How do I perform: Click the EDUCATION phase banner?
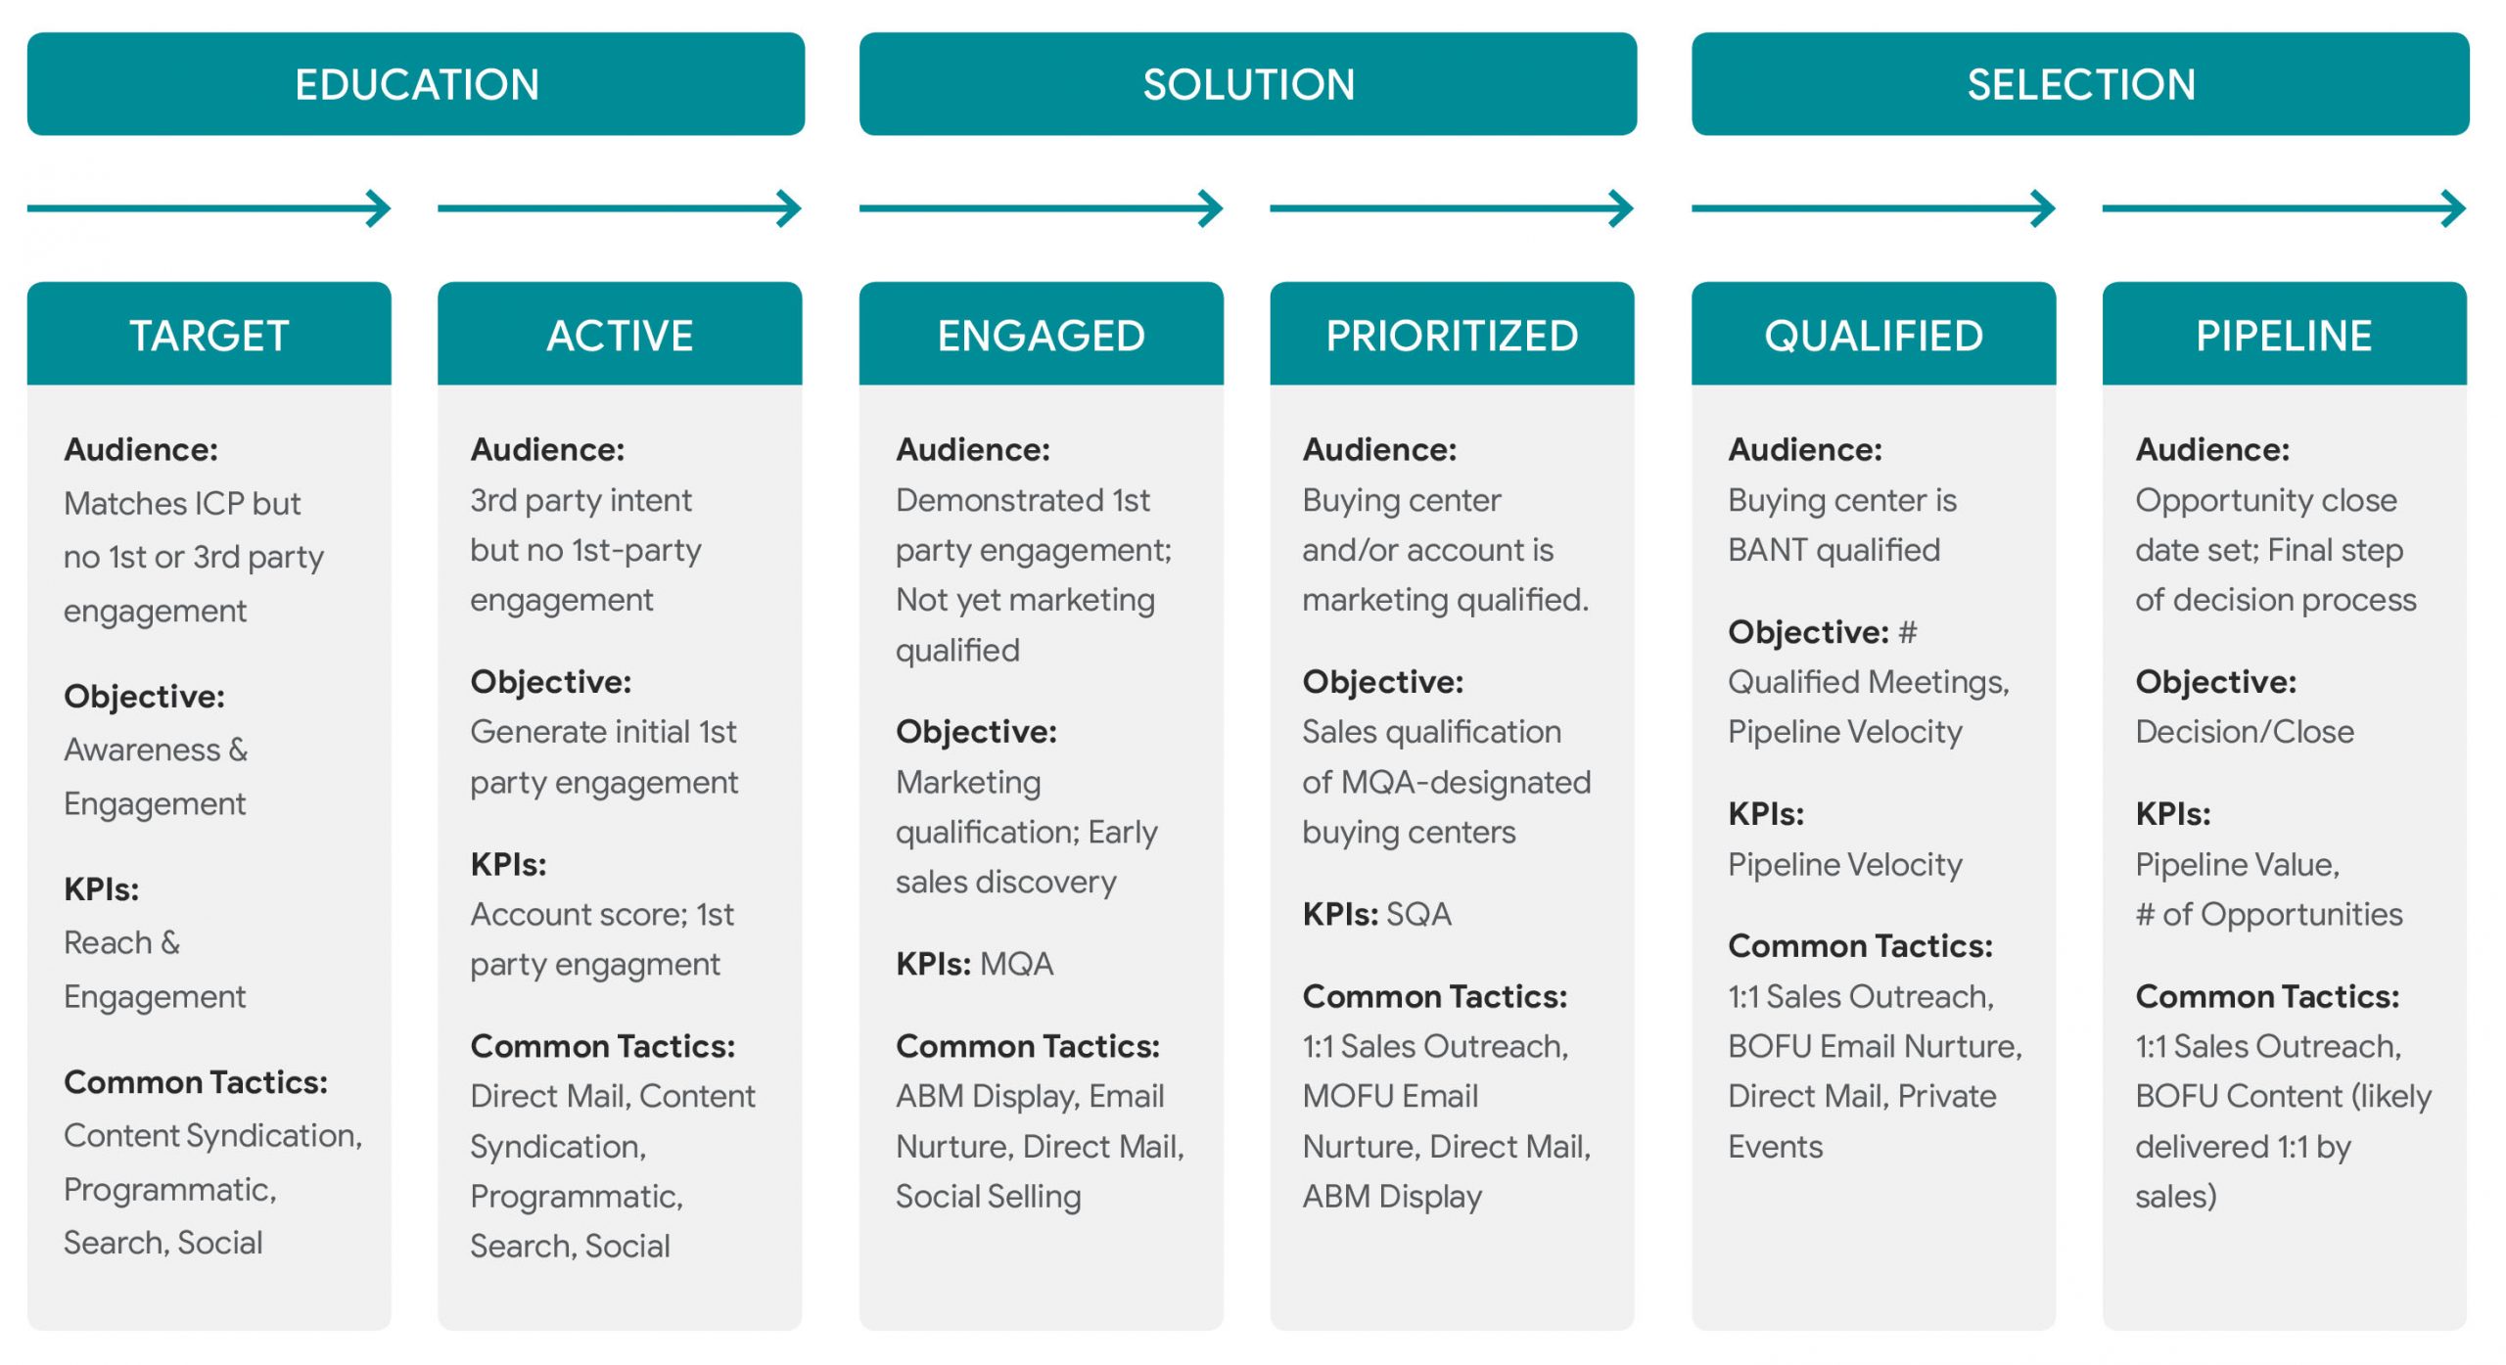[x=416, y=84]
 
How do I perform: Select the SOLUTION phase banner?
[x=1248, y=84]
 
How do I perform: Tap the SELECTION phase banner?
[x=2080, y=84]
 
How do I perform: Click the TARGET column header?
[x=209, y=335]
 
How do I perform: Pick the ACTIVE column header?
[x=620, y=335]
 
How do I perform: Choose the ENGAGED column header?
[x=1042, y=335]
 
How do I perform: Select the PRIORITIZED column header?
[x=1453, y=335]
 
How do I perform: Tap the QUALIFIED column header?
[x=1874, y=335]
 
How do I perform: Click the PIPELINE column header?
[x=2285, y=335]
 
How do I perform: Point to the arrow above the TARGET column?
[x=209, y=208]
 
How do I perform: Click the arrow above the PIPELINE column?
[x=2285, y=208]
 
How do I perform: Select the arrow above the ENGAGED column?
[x=1042, y=208]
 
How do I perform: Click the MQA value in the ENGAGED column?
[x=1017, y=965]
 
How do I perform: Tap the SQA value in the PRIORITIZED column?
[x=1419, y=915]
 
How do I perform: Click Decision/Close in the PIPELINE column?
[x=2245, y=732]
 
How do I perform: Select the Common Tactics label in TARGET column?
[x=196, y=1082]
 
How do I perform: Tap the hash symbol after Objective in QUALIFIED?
[x=1908, y=632]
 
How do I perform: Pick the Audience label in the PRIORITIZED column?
[x=1379, y=450]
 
